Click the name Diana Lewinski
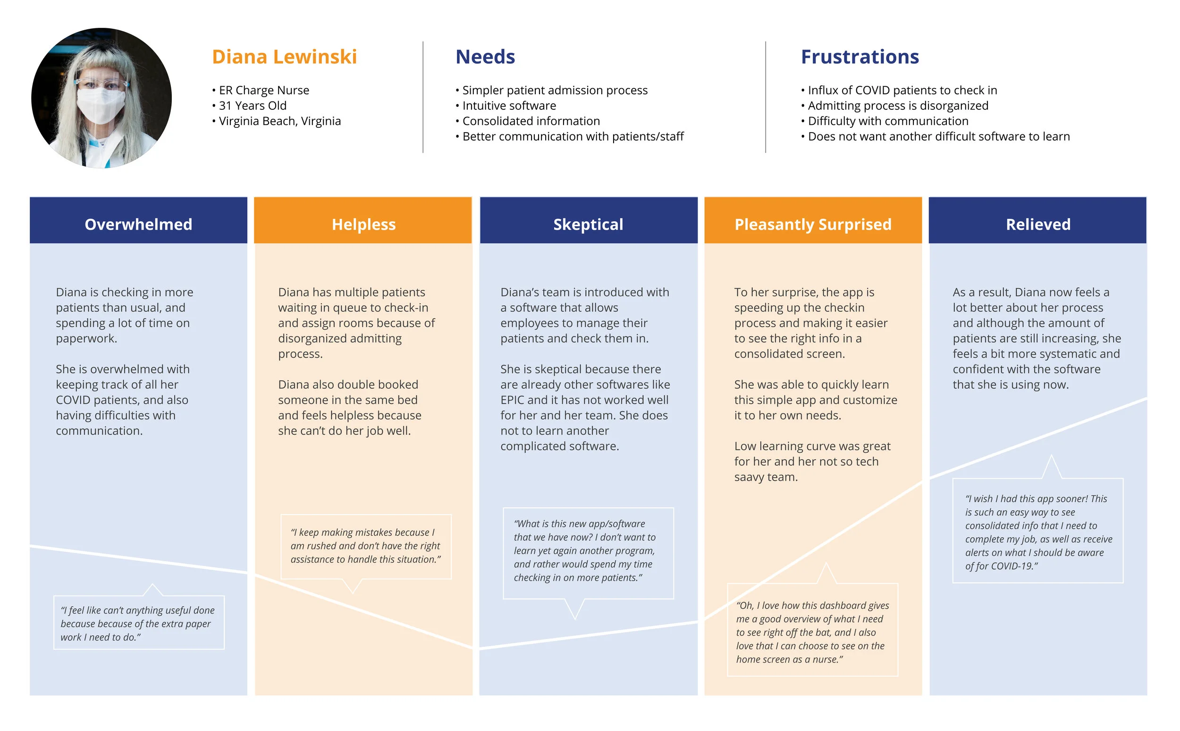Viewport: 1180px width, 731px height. click(285, 57)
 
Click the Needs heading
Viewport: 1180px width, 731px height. click(485, 57)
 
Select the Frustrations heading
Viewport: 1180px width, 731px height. click(860, 57)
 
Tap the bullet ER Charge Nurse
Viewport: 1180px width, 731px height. click(260, 90)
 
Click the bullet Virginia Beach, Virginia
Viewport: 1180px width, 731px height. click(276, 121)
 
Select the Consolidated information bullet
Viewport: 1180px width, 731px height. click(527, 121)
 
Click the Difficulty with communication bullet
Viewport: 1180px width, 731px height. click(885, 121)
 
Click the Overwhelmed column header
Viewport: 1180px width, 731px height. click(138, 224)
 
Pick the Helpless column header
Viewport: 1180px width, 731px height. click(363, 224)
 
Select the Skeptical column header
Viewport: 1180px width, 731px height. click(588, 224)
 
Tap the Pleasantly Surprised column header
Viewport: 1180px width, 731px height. click(813, 224)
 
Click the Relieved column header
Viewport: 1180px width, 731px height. click(1038, 224)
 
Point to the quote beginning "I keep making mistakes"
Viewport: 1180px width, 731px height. click(365, 546)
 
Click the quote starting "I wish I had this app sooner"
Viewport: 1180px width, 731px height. click(1038, 532)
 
